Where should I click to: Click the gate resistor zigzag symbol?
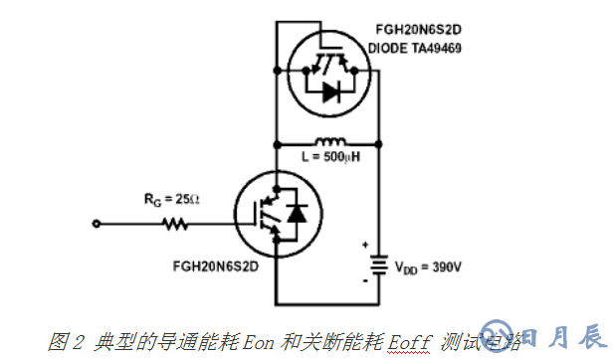point(176,225)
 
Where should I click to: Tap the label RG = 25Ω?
point(170,200)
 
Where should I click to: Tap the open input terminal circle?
point(97,225)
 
